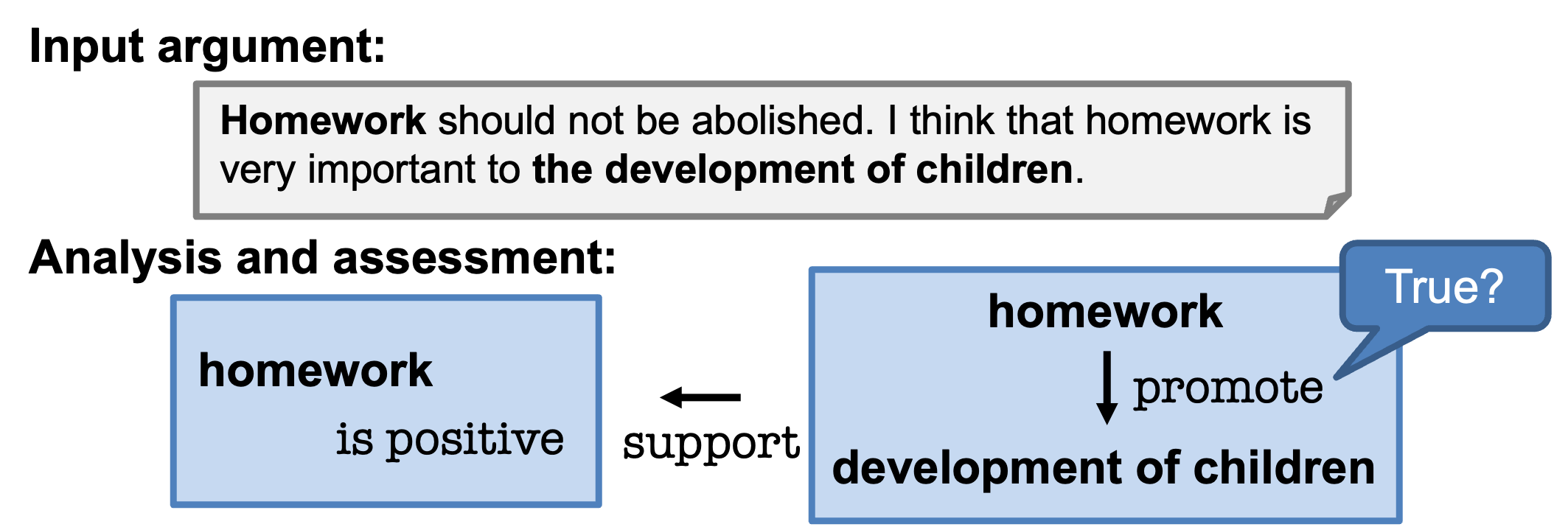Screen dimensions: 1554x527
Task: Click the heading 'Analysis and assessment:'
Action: pos(322,259)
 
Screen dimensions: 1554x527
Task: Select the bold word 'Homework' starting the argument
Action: pos(323,120)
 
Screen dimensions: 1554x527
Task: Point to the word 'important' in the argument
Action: pos(391,170)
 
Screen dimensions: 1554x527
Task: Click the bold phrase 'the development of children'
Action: pos(802,169)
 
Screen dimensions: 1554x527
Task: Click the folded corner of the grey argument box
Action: pos(1337,205)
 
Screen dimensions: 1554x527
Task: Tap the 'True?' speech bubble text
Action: pos(1443,286)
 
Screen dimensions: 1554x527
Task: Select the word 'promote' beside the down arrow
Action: pos(1228,388)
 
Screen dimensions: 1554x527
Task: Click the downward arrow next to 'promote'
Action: pos(1107,388)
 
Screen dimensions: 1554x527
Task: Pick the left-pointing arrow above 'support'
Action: pos(700,397)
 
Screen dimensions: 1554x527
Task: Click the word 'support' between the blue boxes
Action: pos(711,444)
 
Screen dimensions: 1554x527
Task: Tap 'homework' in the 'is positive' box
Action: pos(316,370)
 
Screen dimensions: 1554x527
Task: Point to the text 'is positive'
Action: pos(450,440)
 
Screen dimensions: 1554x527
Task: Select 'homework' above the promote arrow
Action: pos(1105,311)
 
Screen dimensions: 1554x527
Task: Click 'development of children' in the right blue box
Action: pos(1104,468)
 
